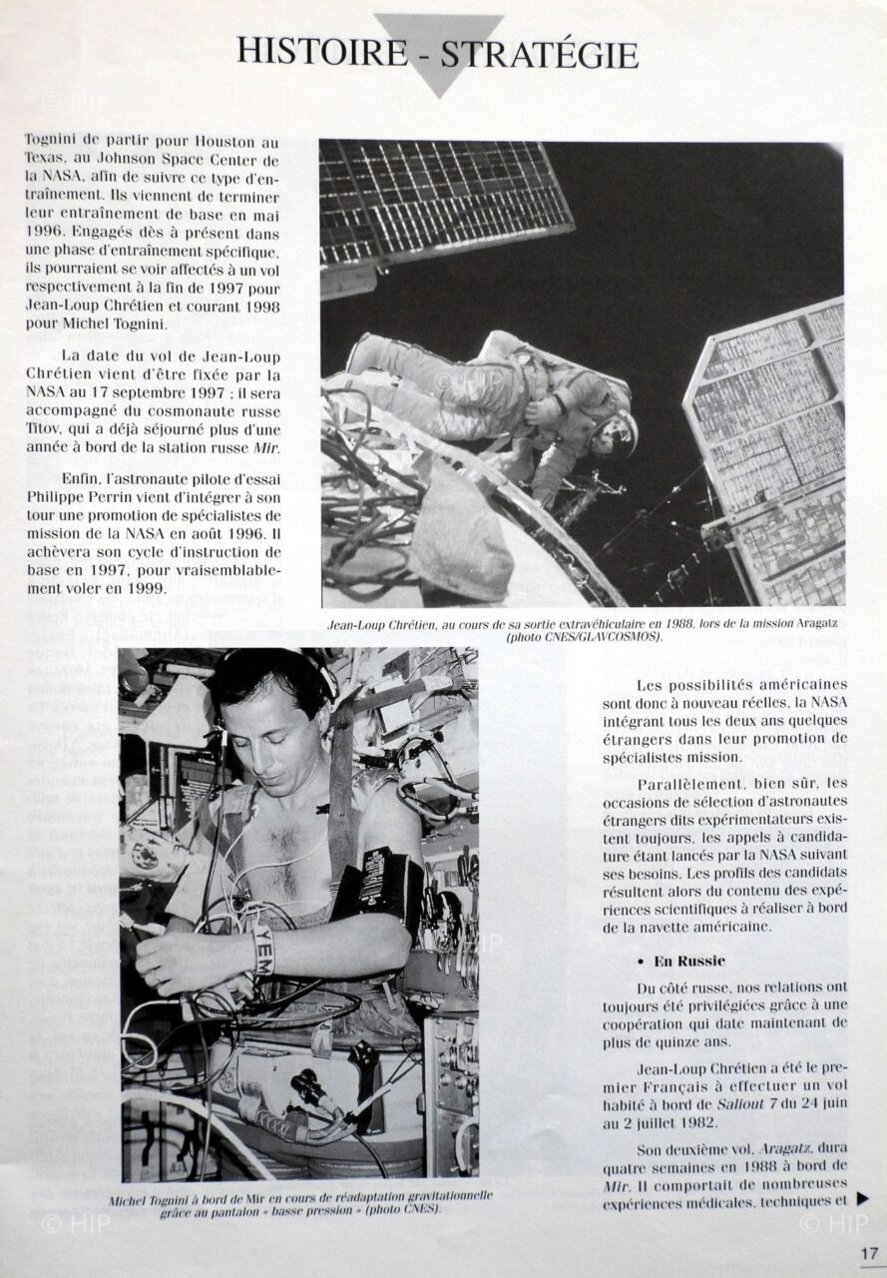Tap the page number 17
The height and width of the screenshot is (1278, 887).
click(x=868, y=1253)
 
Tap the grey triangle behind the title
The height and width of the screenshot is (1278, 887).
click(x=440, y=80)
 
